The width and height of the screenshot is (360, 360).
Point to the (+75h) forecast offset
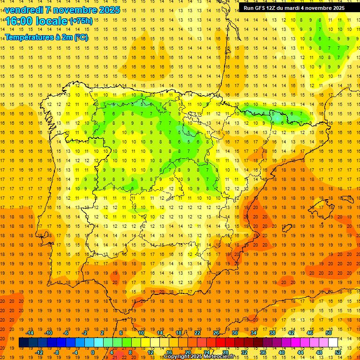point(81,21)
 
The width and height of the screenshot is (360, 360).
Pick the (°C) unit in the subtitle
point(81,37)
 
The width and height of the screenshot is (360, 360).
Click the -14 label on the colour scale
point(30,332)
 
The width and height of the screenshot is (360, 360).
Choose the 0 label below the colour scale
point(93,352)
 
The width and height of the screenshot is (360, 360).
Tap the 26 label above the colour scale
point(216,332)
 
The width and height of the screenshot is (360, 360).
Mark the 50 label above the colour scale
point(328,332)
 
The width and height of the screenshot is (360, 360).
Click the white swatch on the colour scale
point(333,343)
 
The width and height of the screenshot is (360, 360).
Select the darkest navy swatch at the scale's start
point(23,343)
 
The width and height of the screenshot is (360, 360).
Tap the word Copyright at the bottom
point(178,357)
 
